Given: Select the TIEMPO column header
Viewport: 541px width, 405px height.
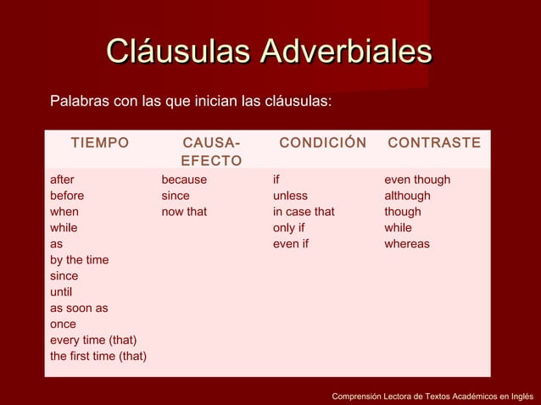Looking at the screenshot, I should coord(100,143).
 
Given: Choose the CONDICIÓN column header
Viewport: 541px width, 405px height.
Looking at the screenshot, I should coord(323,143).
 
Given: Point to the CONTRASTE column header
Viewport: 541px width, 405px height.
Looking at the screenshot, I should coord(434,143).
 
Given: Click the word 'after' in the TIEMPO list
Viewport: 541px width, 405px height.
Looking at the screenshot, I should coord(62,180).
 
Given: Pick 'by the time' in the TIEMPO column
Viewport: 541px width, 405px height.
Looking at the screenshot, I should coord(79,260).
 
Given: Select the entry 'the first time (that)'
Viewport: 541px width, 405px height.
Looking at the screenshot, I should coord(98,356).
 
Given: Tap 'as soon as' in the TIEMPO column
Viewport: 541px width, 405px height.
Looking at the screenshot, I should coord(79,308).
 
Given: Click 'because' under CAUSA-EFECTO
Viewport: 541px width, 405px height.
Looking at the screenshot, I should coord(184,180).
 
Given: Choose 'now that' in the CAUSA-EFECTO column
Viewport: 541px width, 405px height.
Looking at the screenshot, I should coord(184,212).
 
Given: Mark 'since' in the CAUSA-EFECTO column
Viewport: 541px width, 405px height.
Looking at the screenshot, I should coord(176,196).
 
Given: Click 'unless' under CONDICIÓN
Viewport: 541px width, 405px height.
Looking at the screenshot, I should coord(290,196).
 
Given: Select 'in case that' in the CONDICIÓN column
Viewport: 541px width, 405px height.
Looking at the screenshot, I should coord(304,212).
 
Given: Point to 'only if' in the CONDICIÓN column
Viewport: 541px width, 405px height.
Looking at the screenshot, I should coord(288,228).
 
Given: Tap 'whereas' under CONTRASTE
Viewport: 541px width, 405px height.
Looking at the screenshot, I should coord(407,244).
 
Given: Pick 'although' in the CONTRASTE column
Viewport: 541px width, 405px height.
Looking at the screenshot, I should coord(407,196).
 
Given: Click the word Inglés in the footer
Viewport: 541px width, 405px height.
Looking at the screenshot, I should coord(516,396).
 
